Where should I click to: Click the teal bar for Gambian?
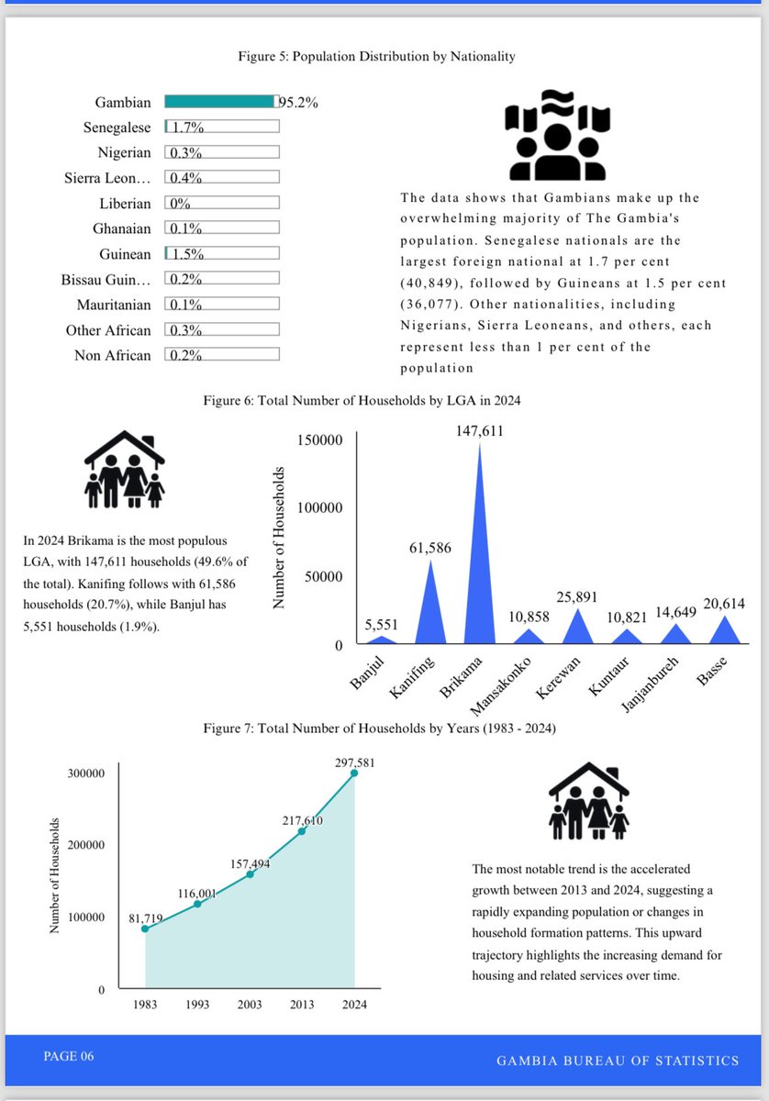218,102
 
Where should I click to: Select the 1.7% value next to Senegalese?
188,128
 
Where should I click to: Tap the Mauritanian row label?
107,304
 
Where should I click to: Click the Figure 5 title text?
376,57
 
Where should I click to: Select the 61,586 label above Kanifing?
429,549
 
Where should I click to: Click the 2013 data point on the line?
302,831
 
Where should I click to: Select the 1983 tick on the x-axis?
145,1005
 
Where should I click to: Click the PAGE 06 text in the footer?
68,1057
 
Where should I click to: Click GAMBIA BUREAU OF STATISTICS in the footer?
617,1061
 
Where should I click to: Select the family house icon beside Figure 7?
588,799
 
